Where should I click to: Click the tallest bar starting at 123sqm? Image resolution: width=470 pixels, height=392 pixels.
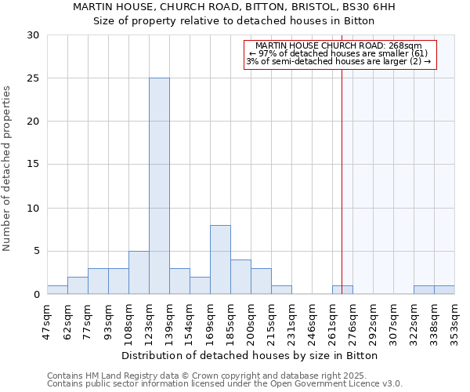pos(159,187)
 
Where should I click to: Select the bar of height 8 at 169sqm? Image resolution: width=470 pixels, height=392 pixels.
pos(220,260)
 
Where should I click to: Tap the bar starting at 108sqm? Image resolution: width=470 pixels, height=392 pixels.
pos(139,273)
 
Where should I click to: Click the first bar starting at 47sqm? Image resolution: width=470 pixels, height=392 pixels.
pos(57,290)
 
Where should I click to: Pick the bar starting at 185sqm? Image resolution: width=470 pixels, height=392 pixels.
pos(240,278)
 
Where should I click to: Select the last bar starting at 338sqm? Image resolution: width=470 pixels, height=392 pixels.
pos(444,290)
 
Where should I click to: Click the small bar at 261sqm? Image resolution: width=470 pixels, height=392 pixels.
pos(342,290)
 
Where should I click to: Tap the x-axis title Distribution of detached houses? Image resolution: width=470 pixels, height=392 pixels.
pos(251,356)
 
